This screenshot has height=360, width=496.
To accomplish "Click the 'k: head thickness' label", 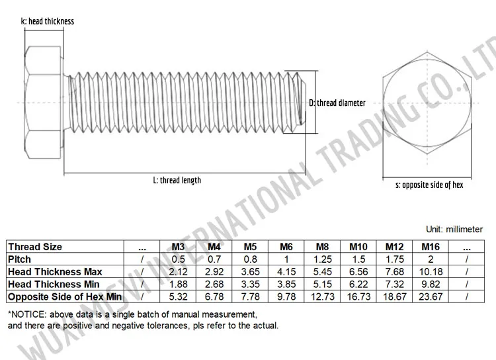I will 48,21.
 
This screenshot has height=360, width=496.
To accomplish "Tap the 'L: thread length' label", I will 177,180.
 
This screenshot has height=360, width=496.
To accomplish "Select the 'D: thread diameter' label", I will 337,103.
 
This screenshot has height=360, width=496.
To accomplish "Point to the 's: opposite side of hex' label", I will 429,185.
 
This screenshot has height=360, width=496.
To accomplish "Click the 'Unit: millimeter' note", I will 454,230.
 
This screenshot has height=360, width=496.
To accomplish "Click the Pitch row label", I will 19,259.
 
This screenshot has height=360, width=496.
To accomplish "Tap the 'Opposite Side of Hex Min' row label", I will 65,297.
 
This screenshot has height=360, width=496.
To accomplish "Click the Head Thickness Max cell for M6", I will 286,272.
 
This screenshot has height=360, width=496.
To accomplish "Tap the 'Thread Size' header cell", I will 34,247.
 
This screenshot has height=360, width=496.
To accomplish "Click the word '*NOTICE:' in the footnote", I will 25,314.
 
